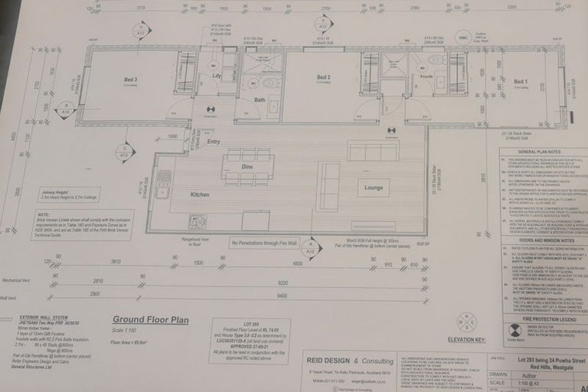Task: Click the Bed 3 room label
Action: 131,80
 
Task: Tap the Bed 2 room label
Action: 324,77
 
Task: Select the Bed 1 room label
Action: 521,81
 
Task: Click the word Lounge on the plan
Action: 373,187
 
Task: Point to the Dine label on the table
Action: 247,166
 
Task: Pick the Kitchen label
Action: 200,194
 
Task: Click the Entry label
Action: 213,142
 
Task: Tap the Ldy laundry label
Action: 217,76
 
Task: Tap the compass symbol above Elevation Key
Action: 466,321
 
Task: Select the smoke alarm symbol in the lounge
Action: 391,130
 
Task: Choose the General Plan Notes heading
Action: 537,154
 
